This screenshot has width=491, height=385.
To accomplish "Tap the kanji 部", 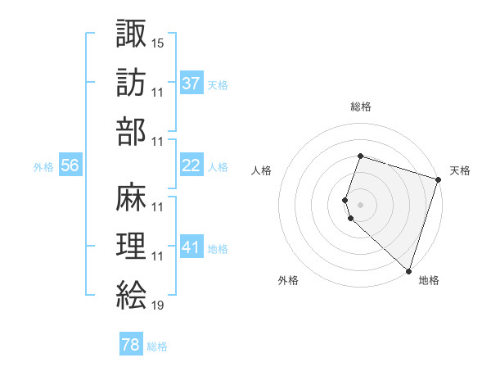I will (x=131, y=130).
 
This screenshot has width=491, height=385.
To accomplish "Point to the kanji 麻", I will (x=131, y=197).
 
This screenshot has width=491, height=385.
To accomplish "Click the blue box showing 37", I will (x=191, y=83).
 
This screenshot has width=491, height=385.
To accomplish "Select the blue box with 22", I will (x=191, y=165).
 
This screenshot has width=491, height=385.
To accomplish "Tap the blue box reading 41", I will (x=191, y=247).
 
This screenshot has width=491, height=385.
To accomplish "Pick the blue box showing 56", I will (x=70, y=165).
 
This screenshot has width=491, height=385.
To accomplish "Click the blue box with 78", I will (x=130, y=345).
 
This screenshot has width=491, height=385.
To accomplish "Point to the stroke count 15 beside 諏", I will (x=158, y=42).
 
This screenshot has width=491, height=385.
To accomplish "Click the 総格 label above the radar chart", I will (x=361, y=106).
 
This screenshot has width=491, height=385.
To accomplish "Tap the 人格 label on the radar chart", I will (x=261, y=170).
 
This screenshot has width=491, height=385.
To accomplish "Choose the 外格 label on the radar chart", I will (x=288, y=280).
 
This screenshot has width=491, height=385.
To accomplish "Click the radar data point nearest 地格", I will (x=408, y=270).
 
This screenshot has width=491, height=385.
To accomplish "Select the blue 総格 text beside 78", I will (x=157, y=346).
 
